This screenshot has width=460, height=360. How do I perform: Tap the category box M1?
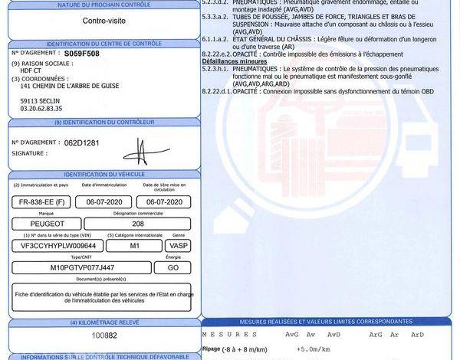point(135,245)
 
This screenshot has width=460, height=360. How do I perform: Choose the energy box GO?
point(173,267)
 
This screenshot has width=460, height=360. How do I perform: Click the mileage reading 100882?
point(104,335)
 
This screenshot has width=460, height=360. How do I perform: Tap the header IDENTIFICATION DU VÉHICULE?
point(104,175)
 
